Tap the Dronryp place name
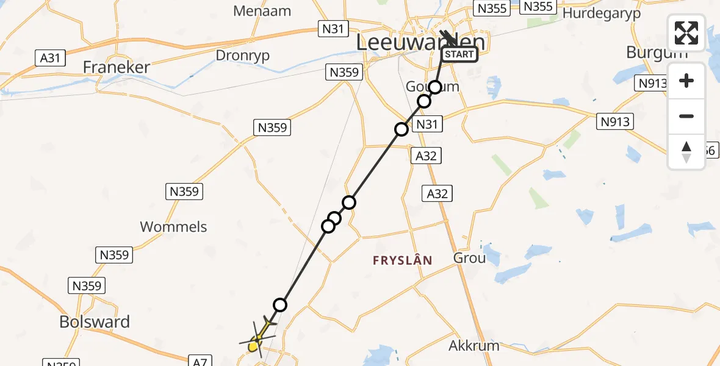click(243, 56)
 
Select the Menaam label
click(262, 11)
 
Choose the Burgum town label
click(657, 52)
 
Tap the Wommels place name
click(173, 227)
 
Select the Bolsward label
click(95, 321)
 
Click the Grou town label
click(469, 258)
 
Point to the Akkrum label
click(474, 346)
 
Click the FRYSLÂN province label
click(403, 260)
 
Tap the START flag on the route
click(459, 55)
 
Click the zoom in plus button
click(686, 81)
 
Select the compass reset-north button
click(686, 152)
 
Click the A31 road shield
click(51, 58)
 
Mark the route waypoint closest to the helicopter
click(280, 304)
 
